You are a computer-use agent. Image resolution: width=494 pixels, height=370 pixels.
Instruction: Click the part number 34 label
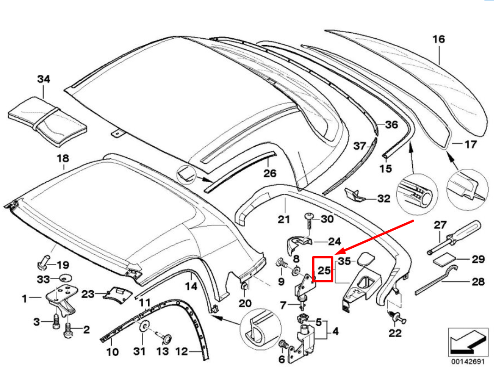pyautogui.click(x=43, y=79)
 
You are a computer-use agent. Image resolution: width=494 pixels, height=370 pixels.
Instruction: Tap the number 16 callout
pyautogui.click(x=439, y=39)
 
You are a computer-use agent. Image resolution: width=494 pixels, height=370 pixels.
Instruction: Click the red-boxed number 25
pyautogui.click(x=325, y=269)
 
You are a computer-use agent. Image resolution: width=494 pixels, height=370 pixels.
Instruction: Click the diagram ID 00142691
pyautogui.click(x=468, y=362)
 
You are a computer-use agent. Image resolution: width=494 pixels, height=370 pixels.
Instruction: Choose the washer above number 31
pyautogui.click(x=144, y=327)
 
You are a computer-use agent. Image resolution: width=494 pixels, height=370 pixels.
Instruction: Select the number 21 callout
pyautogui.click(x=283, y=219)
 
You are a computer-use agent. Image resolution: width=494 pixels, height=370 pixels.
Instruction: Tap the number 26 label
pyautogui.click(x=270, y=173)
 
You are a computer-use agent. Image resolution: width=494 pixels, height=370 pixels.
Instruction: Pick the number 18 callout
pyautogui.click(x=63, y=159)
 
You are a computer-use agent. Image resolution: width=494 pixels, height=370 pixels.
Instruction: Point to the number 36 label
pyautogui.click(x=391, y=125)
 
